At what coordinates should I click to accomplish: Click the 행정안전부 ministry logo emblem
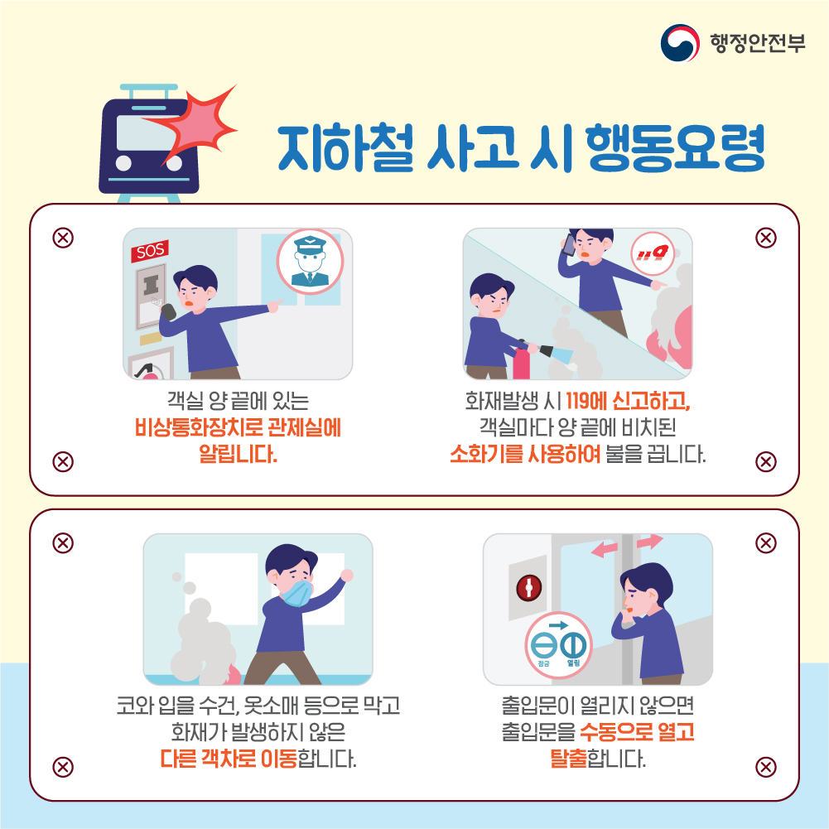tap(680, 43)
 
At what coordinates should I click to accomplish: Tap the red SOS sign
tap(150, 250)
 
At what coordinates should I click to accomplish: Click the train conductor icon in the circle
tap(310, 262)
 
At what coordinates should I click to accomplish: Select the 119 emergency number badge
tap(652, 253)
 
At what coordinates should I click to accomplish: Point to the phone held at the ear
tap(569, 245)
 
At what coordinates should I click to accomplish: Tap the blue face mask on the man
tap(296, 593)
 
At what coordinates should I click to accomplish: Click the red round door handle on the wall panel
tap(528, 587)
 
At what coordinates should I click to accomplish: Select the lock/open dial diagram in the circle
tap(558, 646)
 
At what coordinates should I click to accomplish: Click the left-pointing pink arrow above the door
tap(605, 549)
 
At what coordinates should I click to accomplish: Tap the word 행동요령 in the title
tap(675, 147)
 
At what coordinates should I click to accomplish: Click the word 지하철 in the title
tap(345, 148)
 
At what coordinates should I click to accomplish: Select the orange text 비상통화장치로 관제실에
tap(238, 427)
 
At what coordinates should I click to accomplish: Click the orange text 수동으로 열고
tap(637, 732)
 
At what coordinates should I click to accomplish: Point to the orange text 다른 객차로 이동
tap(229, 759)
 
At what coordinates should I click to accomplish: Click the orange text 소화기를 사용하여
tap(525, 454)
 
